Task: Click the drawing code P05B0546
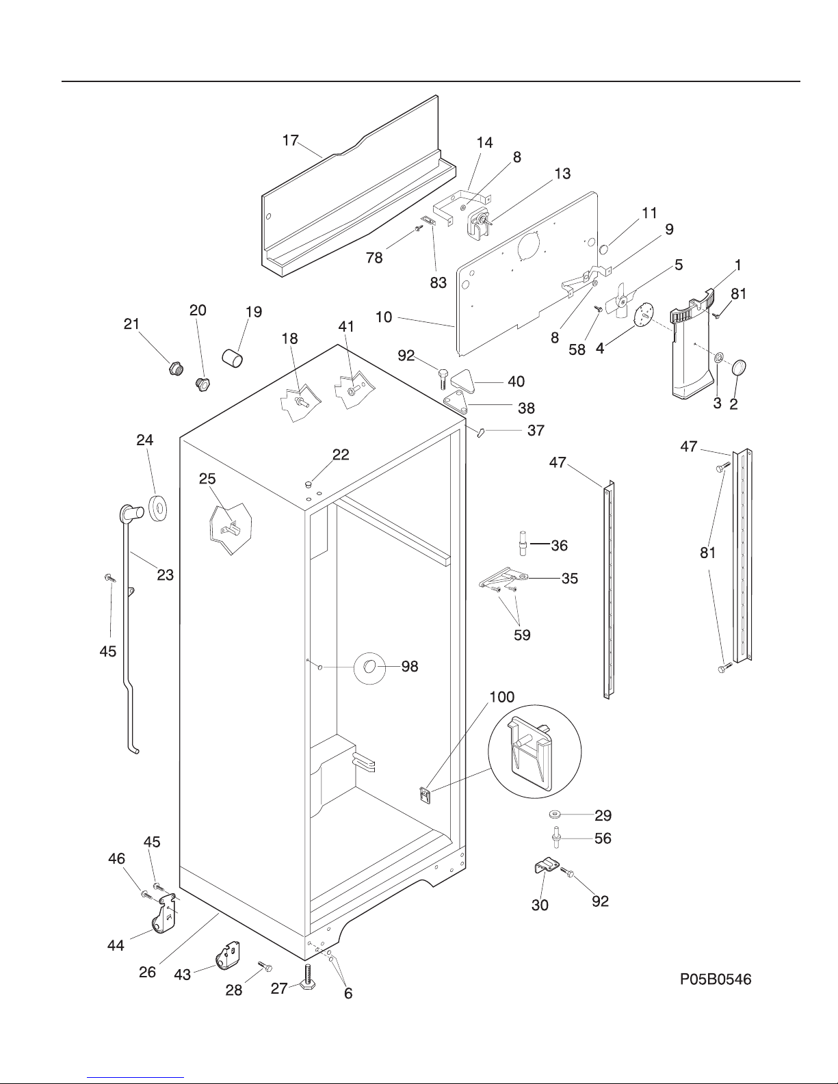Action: click(716, 979)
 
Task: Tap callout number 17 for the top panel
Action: click(290, 141)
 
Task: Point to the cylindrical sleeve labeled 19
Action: click(233, 357)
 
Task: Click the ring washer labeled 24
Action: click(158, 509)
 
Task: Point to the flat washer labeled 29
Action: click(554, 814)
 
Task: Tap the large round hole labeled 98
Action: click(369, 666)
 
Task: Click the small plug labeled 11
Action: click(603, 248)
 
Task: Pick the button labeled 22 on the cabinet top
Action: click(309, 484)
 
